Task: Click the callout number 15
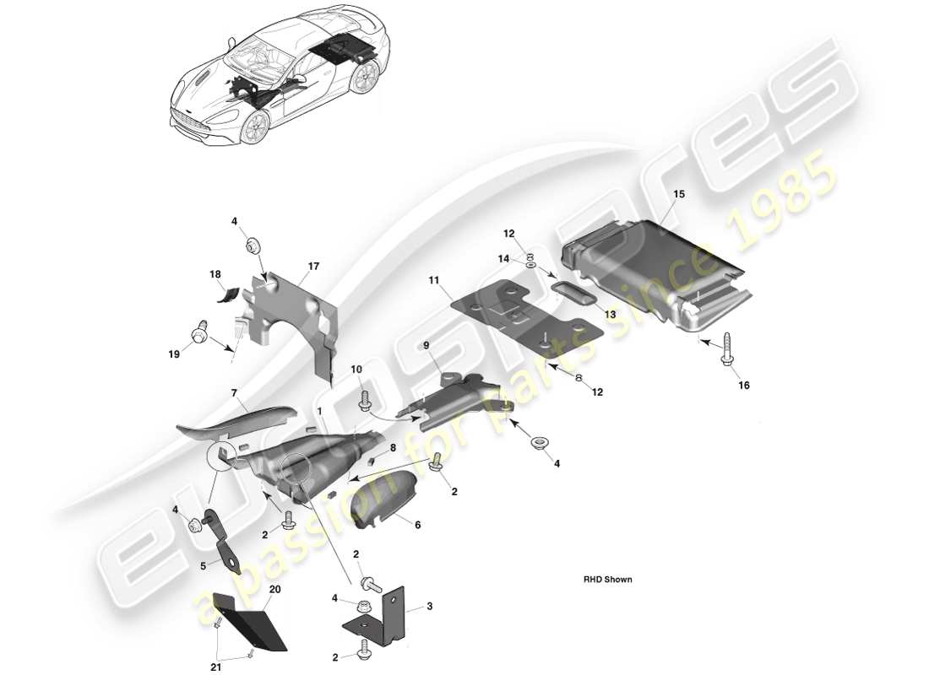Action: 679,194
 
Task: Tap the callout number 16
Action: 743,386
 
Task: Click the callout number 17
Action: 313,267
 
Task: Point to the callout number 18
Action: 215,274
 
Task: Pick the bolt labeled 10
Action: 365,397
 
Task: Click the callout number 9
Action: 426,345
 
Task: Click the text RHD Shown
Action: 607,580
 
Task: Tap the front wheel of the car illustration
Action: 255,127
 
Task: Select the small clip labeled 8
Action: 372,460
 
